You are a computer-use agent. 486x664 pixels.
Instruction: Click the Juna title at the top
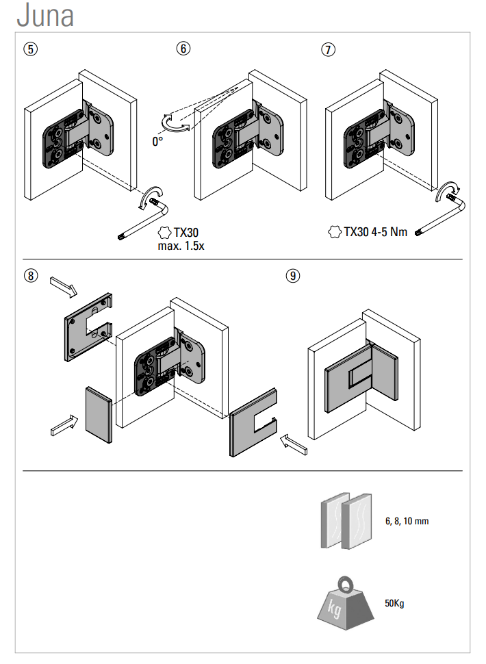45,16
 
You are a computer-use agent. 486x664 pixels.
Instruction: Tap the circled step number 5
30,49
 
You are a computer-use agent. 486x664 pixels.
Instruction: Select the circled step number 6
183,49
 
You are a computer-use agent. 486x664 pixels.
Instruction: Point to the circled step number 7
329,49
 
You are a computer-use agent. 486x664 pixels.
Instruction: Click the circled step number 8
30,276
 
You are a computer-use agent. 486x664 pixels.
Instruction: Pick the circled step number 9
293,276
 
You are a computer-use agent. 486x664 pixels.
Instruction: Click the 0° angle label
158,142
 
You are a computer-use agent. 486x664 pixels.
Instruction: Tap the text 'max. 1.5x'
181,245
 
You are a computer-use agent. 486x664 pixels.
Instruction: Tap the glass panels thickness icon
346,520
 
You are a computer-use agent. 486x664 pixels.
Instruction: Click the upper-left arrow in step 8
64,285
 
